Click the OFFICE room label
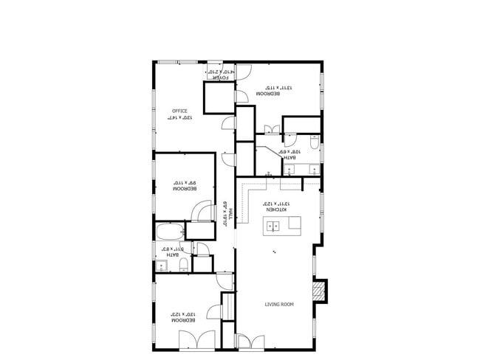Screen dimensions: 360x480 180,111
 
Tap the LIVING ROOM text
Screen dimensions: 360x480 278,304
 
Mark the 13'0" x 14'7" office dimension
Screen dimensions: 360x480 179,119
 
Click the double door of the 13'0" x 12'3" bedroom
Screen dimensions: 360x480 197,340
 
